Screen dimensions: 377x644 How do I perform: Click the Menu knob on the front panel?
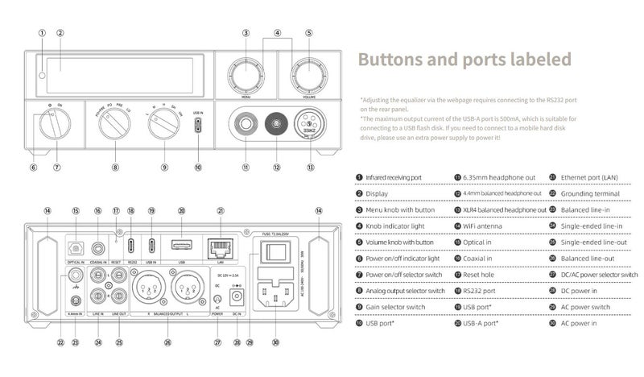pos(248,76)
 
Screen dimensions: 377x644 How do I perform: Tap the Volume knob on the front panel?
pos(308,76)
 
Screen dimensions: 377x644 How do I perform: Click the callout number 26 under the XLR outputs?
pos(167,341)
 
